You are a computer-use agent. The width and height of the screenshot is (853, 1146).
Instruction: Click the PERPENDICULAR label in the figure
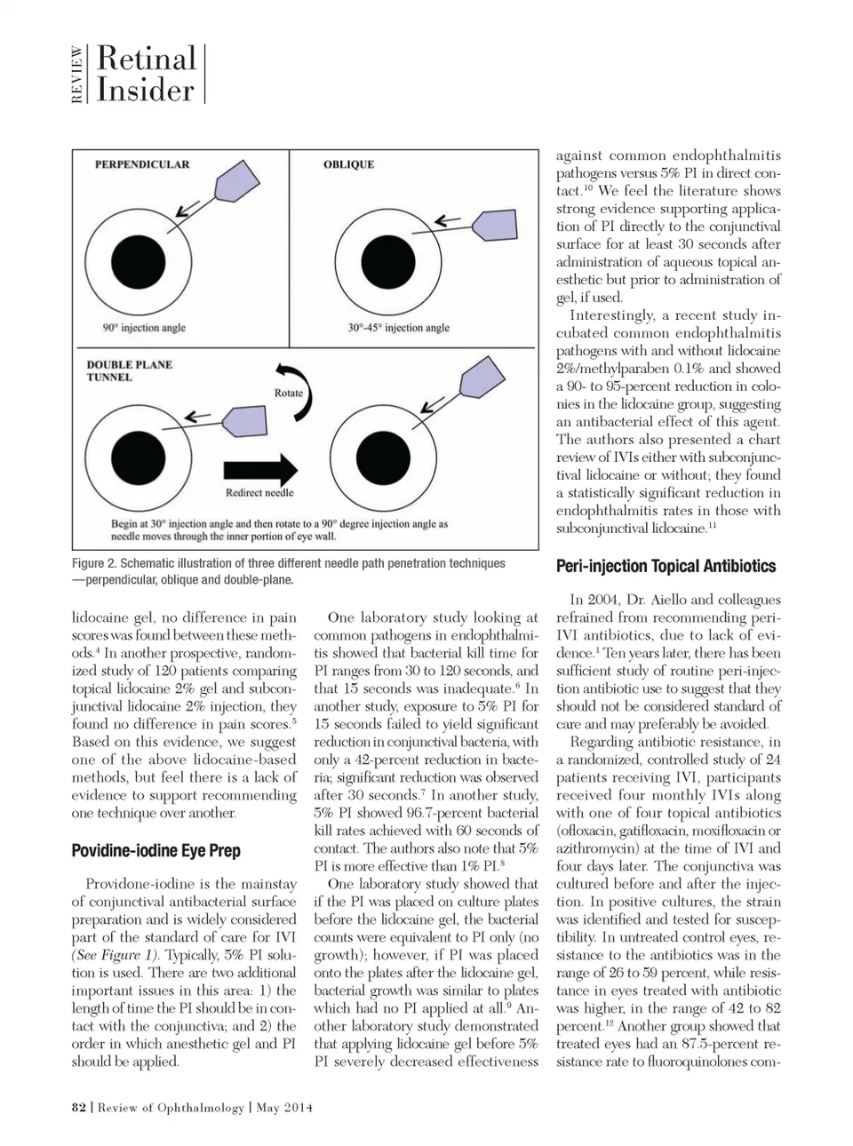[x=142, y=164]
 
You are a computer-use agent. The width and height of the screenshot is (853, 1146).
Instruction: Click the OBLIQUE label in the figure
[x=348, y=164]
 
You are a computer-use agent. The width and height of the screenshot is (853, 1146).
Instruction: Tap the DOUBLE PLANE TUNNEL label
[x=129, y=370]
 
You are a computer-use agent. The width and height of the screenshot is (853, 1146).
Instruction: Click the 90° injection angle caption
[x=144, y=328]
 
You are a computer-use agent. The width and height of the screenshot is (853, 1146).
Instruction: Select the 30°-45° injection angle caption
[x=398, y=328]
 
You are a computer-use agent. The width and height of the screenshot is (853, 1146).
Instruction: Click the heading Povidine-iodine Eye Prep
[x=155, y=850]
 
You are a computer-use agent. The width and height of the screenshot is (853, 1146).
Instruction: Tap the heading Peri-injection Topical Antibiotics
[x=666, y=566]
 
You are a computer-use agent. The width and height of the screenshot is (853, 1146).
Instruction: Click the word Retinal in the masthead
[x=146, y=59]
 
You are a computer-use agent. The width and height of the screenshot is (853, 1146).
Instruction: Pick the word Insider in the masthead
[x=145, y=90]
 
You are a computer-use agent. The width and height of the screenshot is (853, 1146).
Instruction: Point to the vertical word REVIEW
[x=78, y=75]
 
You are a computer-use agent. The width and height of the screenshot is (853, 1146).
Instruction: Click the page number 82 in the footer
[x=78, y=1107]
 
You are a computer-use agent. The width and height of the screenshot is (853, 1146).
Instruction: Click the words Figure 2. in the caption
[x=94, y=563]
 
